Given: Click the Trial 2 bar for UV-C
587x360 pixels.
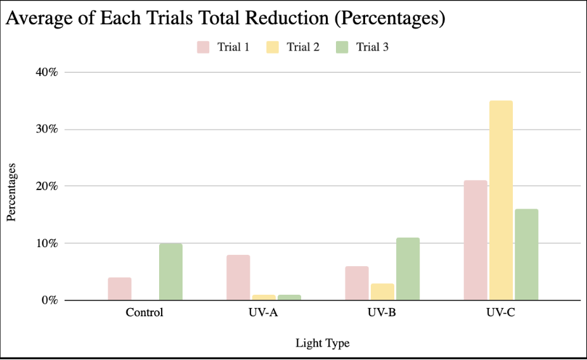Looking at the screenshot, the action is click(501, 200).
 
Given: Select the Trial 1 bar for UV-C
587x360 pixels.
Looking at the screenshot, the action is click(475, 240).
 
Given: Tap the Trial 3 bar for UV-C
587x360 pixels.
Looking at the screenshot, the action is click(526, 254).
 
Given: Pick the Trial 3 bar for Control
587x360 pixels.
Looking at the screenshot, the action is click(171, 272).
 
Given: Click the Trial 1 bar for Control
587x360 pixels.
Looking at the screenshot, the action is click(120, 289).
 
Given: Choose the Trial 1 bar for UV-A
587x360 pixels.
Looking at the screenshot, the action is click(238, 278).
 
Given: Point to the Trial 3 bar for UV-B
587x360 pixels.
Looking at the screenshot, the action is click(408, 269).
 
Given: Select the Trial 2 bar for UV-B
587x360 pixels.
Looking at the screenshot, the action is click(382, 292).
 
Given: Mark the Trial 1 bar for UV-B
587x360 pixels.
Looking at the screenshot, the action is click(357, 283).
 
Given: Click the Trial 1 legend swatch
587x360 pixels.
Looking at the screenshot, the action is click(203, 47).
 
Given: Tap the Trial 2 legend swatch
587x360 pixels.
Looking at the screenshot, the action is click(273, 47).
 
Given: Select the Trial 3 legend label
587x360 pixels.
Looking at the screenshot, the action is click(372, 47).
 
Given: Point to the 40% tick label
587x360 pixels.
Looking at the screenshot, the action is click(47, 72).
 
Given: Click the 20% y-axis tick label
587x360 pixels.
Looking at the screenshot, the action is click(47, 186).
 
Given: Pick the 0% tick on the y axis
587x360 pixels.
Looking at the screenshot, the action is click(50, 300).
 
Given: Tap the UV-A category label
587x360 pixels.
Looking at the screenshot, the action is click(263, 312).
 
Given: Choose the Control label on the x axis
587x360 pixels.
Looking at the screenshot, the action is click(145, 312).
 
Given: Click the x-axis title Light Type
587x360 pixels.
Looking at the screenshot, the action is click(322, 343).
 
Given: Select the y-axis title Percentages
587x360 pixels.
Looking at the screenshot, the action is click(11, 192).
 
